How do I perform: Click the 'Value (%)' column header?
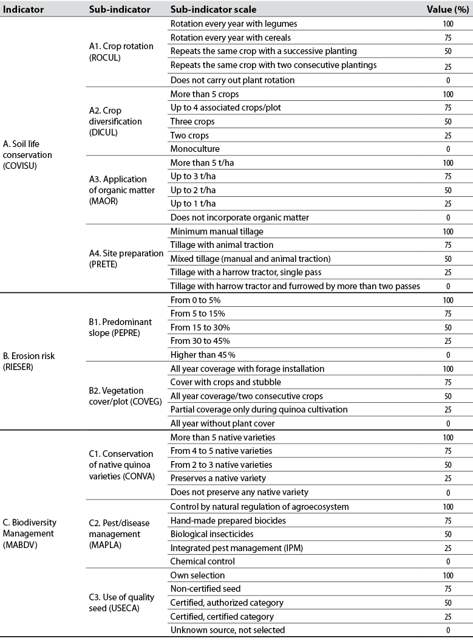[447, 10]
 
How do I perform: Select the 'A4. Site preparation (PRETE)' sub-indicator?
[125, 258]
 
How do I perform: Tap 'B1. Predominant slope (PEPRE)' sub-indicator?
[120, 327]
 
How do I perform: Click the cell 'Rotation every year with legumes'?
[233, 24]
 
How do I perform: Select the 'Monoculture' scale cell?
[195, 148]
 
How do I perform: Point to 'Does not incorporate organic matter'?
[239, 217]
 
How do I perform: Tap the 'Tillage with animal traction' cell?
[222, 244]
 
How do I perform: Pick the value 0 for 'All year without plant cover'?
[447, 423]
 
